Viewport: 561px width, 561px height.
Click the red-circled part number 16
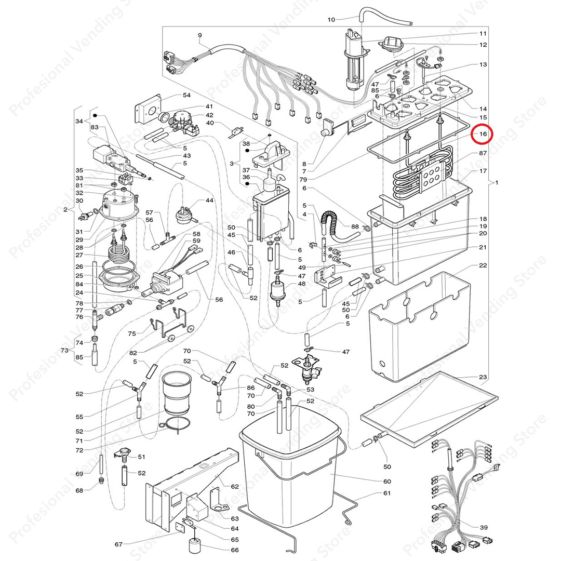[x=483, y=134]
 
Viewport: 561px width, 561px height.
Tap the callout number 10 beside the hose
[x=331, y=20]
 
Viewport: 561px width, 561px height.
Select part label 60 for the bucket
[x=387, y=481]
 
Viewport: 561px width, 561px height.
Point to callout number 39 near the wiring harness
[x=484, y=527]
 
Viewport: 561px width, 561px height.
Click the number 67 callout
[x=119, y=544]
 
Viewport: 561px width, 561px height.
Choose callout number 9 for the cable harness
[x=199, y=35]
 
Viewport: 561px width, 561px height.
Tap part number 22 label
[x=483, y=265]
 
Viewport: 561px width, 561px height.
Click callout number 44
[x=209, y=201]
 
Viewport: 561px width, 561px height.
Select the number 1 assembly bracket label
[x=497, y=182]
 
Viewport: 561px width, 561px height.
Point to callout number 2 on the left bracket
[x=65, y=209]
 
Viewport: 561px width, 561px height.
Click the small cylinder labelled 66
[x=194, y=546]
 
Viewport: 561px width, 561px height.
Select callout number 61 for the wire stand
[x=387, y=493]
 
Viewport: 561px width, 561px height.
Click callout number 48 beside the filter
[x=302, y=284]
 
